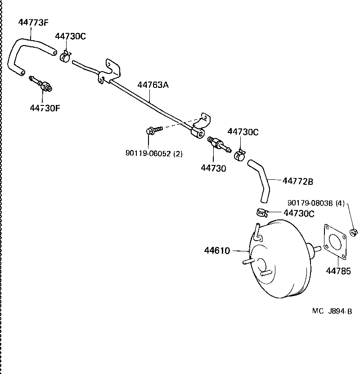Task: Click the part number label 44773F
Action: pos(33,22)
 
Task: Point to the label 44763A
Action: pos(153,85)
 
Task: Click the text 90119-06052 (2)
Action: pos(154,154)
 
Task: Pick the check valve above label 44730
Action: pos(218,145)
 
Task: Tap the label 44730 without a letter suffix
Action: pos(213,168)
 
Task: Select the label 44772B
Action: pos(297,181)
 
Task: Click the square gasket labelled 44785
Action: pos(335,243)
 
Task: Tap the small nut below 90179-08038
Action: pos(353,233)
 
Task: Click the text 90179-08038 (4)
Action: pos(316,203)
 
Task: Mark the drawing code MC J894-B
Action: pos(332,311)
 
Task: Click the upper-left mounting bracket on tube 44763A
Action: pos(110,70)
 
